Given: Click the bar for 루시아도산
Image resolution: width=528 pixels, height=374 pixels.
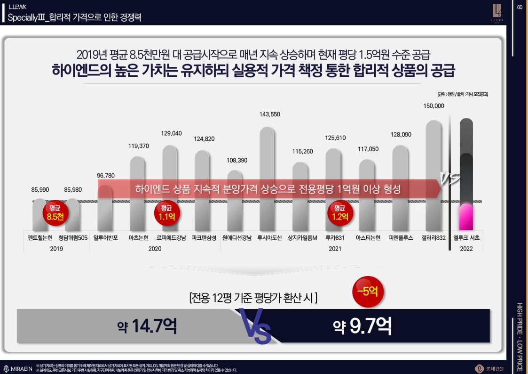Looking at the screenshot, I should click(x=267, y=179).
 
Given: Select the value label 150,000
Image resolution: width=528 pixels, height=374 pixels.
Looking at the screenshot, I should click(x=433, y=106).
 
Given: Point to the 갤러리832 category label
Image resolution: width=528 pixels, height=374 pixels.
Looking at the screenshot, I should click(x=433, y=238).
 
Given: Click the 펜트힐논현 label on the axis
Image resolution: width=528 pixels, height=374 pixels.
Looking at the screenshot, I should click(x=40, y=238).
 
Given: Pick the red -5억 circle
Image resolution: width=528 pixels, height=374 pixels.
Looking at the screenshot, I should click(x=368, y=291).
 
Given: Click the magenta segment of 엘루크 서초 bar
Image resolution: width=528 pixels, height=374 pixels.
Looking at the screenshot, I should click(x=466, y=217).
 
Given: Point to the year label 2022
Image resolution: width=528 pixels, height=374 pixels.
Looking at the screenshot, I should click(x=466, y=249).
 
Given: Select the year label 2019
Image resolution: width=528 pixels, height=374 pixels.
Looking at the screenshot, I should click(x=56, y=249).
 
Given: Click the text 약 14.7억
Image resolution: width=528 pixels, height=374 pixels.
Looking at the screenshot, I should click(x=147, y=326).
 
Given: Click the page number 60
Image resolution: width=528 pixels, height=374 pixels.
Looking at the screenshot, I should click(x=520, y=7).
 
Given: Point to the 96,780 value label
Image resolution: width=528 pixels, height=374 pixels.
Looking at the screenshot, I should click(x=106, y=176).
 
